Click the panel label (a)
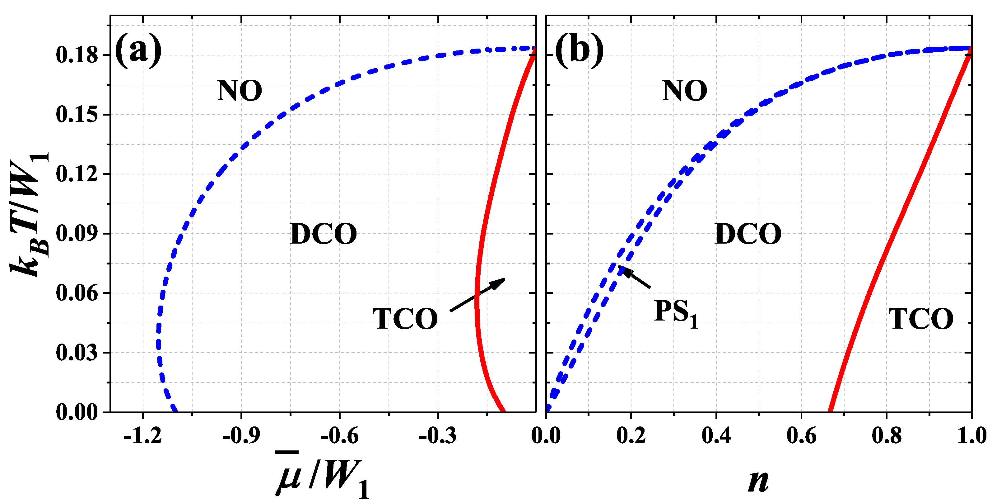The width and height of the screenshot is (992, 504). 138,50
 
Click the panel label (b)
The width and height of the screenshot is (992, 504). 579,50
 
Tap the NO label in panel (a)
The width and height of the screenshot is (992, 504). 240,91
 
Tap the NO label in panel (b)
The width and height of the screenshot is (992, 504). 684,91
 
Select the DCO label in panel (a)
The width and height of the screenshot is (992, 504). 323,234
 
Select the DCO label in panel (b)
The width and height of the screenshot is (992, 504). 748,234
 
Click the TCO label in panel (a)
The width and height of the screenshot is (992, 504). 405,319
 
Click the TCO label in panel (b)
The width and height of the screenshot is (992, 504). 921,319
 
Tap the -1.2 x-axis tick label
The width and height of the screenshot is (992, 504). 142,436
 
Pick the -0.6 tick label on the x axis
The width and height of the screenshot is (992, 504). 339,436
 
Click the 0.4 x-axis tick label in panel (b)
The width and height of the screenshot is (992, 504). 716,436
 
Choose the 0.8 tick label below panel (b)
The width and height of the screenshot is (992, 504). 887,436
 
